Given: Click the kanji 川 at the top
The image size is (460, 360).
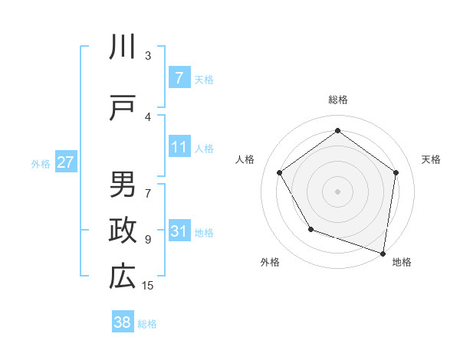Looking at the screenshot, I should pyautogui.click(x=123, y=47).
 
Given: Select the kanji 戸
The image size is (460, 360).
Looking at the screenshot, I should pyautogui.click(x=123, y=107).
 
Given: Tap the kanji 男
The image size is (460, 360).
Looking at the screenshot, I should pyautogui.click(x=123, y=185).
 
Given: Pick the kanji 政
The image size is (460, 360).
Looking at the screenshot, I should pyautogui.click(x=123, y=231).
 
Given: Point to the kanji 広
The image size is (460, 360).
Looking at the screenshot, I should pyautogui.click(x=123, y=277).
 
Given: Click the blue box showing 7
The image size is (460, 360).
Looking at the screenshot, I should pyautogui.click(x=179, y=78).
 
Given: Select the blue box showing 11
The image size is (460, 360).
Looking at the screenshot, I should pyautogui.click(x=179, y=147).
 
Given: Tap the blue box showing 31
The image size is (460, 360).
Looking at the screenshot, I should pyautogui.click(x=179, y=231).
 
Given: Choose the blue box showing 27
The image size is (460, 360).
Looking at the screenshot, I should pyautogui.click(x=65, y=162).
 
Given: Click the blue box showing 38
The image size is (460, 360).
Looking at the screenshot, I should pyautogui.click(x=123, y=322).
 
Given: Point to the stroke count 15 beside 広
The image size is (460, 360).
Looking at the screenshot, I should pyautogui.click(x=148, y=286).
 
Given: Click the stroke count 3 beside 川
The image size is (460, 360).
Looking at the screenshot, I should pyautogui.click(x=148, y=55).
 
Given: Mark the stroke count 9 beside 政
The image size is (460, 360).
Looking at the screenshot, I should pyautogui.click(x=148, y=240).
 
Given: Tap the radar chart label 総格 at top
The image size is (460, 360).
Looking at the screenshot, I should pyautogui.click(x=337, y=100).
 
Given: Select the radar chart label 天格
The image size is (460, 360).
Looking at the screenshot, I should pyautogui.click(x=431, y=159).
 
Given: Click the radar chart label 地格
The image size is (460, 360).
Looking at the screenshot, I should pyautogui.click(x=402, y=262).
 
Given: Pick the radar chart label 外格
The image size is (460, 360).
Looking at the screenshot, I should pyautogui.click(x=270, y=262).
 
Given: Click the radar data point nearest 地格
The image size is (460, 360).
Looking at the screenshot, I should pyautogui.click(x=383, y=253).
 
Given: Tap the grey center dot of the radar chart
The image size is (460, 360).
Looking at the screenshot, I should pyautogui.click(x=337, y=191).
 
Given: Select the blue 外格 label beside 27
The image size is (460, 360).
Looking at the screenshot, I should pyautogui.click(x=41, y=163).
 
